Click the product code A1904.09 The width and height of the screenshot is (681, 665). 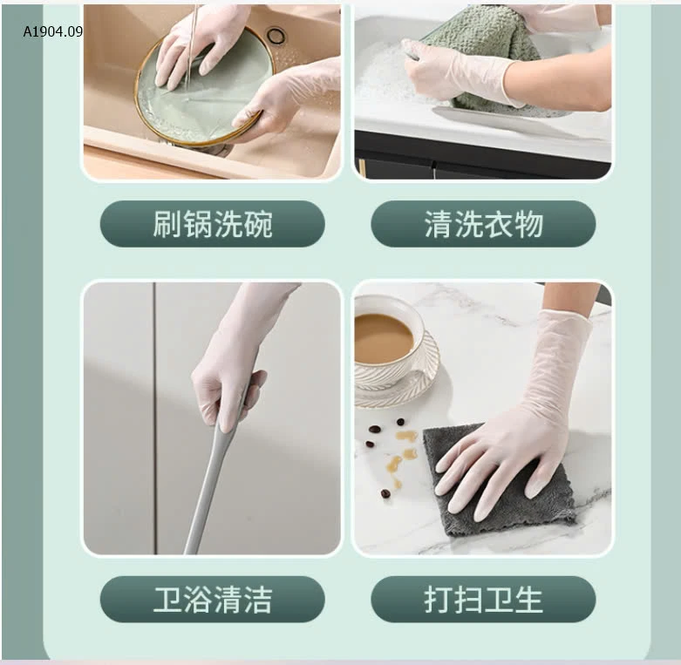point(53,31)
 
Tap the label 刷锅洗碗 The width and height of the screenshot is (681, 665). point(213,224)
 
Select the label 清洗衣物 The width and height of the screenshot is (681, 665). point(483,224)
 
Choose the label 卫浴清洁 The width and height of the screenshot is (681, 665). point(213,599)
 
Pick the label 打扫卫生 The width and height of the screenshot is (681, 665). point(483,599)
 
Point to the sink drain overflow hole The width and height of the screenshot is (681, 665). point(276,36)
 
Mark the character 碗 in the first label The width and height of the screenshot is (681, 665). point(258,224)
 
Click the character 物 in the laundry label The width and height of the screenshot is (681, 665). point(528,224)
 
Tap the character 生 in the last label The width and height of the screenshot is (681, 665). point(528,599)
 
